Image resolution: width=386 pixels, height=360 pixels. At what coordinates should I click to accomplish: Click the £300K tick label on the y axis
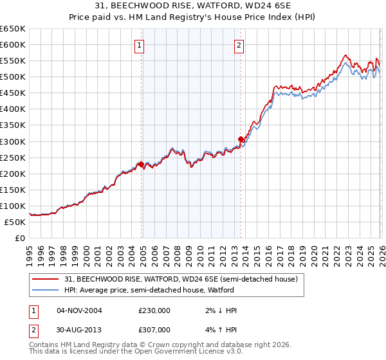click(x=13, y=141)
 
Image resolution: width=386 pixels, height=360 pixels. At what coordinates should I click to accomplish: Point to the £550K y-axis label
click(x=13, y=61)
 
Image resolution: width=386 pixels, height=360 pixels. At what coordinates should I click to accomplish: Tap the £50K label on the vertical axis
click(x=15, y=222)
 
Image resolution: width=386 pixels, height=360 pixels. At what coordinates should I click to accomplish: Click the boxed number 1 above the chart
click(x=140, y=45)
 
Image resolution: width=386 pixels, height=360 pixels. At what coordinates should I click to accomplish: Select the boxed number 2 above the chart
click(x=239, y=45)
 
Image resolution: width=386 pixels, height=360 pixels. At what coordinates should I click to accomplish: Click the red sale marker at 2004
click(x=141, y=164)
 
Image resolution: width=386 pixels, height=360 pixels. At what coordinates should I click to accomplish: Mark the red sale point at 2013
click(x=241, y=139)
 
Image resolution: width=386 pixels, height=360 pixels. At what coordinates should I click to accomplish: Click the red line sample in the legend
click(x=46, y=280)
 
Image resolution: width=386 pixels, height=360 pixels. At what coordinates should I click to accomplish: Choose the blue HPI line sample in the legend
click(x=46, y=291)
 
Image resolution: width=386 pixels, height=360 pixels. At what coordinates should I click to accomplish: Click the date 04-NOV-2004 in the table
click(x=79, y=310)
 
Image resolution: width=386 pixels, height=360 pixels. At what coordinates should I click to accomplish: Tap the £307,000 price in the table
click(x=154, y=329)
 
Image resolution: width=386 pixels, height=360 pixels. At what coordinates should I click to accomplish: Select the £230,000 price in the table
click(x=154, y=310)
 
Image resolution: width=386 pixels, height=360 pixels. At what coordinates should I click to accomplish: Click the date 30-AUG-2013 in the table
click(x=79, y=329)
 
